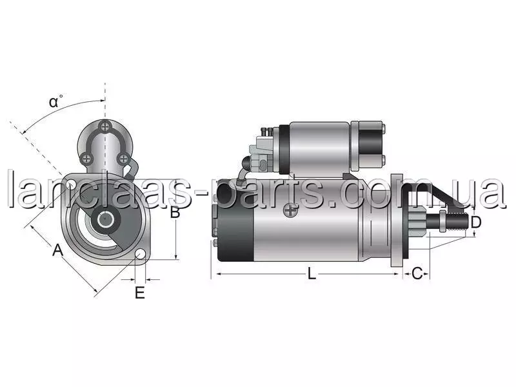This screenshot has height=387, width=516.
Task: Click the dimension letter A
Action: (57, 250)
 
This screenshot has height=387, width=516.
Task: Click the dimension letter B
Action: (175, 212)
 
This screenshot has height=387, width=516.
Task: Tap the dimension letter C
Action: (417, 273)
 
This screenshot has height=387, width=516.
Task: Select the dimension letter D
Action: (476, 223)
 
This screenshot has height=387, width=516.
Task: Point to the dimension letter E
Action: (140, 293)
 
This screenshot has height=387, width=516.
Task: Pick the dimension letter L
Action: (312, 273)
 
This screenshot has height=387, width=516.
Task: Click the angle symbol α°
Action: (55, 101)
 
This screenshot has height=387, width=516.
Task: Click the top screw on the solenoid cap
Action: (105, 126)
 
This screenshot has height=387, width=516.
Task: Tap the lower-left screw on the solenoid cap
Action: (86, 159)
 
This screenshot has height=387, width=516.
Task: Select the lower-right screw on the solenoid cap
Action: (123, 159)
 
